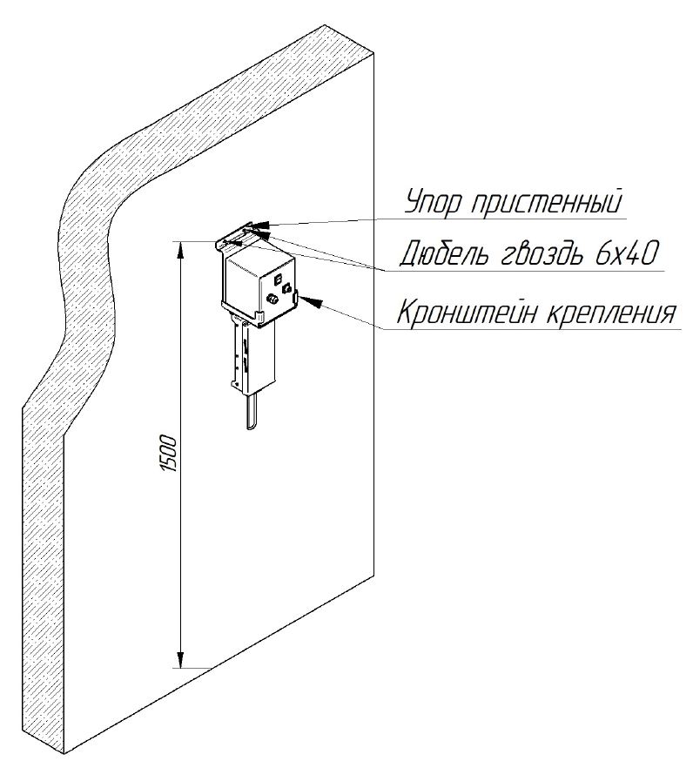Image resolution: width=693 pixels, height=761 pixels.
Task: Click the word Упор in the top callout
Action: (x=431, y=203)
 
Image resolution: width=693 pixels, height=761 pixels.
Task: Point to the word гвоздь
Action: (x=544, y=255)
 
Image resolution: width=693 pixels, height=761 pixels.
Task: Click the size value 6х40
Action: (x=626, y=253)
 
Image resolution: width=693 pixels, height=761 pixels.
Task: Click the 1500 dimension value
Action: (x=170, y=453)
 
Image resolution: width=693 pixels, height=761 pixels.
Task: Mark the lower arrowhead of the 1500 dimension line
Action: (x=181, y=658)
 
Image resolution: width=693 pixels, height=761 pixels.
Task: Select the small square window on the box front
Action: (x=279, y=281)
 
